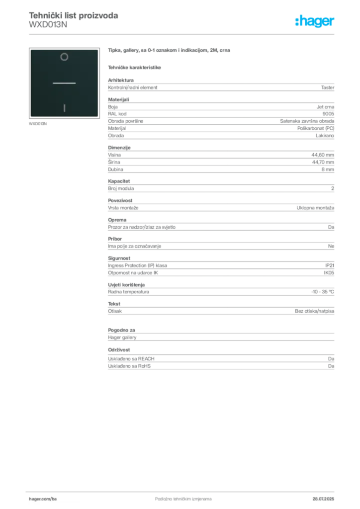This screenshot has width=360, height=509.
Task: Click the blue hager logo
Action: [x=315, y=21]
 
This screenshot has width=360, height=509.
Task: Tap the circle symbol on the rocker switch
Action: [x=64, y=57]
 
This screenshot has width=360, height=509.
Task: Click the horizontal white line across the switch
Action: [x=64, y=83]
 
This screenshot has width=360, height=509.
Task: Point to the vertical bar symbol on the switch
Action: [x=64, y=107]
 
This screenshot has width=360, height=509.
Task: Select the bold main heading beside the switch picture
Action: [x=169, y=51]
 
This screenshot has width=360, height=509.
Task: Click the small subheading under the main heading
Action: [x=135, y=67]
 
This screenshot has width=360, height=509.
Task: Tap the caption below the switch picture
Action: [x=38, y=124]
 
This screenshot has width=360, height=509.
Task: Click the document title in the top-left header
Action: [x=74, y=15]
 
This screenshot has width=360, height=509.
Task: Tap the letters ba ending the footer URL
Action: [x=54, y=498]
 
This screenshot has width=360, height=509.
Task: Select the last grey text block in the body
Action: [x=220, y=363]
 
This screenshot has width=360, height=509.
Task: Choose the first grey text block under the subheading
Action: [x=220, y=87]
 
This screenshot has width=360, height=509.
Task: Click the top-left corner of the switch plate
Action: [x=31, y=50]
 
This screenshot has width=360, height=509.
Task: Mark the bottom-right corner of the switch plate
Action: [x=97, y=116]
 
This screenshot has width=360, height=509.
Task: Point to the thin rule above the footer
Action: [x=182, y=491]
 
